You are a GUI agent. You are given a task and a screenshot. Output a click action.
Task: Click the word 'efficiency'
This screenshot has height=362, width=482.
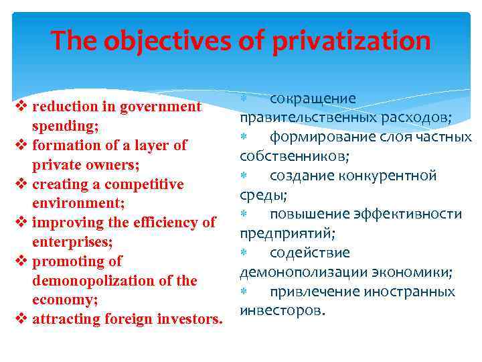click(161, 223)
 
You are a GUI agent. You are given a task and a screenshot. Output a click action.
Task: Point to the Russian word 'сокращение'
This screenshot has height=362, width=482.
click(313, 99)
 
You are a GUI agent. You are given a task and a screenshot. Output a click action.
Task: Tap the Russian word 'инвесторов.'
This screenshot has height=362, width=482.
click(274, 311)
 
